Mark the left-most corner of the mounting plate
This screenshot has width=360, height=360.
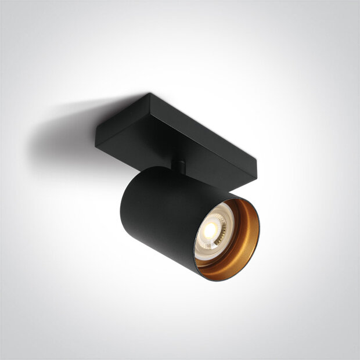tap(96, 139)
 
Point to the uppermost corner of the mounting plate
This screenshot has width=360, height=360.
tap(150, 93)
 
